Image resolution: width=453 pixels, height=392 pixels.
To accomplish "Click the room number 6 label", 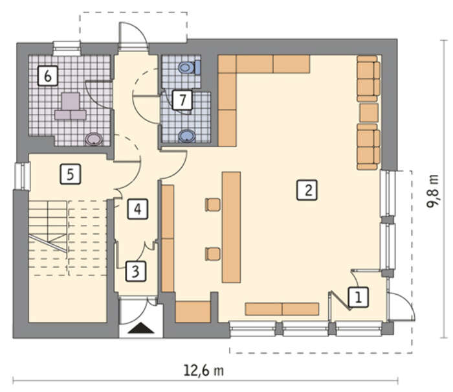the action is coord(48,76).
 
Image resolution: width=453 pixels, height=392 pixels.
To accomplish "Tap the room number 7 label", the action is coord(182,100).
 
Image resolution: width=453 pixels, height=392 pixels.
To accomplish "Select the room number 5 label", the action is coord(70,174).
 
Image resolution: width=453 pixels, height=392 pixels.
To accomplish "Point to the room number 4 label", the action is coord(137,209).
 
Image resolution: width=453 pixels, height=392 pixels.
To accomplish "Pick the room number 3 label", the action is coord(136,271).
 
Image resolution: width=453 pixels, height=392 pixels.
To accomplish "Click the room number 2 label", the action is coord(307,190).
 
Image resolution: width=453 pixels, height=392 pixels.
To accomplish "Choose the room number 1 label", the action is coord(359,297).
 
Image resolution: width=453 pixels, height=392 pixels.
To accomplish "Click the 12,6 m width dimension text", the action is coord(204,371).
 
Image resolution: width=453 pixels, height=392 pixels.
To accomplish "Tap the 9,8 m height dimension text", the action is coord(432,191).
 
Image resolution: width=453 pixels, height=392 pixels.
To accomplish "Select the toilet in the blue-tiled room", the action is coord(189,67).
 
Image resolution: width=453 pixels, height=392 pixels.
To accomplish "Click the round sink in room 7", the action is coord(186,135).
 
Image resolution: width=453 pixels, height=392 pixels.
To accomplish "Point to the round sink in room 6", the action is coord(94,139).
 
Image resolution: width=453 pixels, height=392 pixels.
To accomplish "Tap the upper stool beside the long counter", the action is coord(213,205).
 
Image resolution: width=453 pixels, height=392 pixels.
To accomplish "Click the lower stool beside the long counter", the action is coord(213,254).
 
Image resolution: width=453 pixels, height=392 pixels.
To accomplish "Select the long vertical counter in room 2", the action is coord(231,227).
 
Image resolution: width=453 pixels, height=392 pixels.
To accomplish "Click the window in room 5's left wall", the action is coord(23,176).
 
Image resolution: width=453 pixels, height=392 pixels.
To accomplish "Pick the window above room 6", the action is coord(67,49).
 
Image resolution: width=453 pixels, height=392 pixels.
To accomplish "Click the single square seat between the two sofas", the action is coord(369,113).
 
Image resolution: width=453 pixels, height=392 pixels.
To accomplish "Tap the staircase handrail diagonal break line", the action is coord(48,243).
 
